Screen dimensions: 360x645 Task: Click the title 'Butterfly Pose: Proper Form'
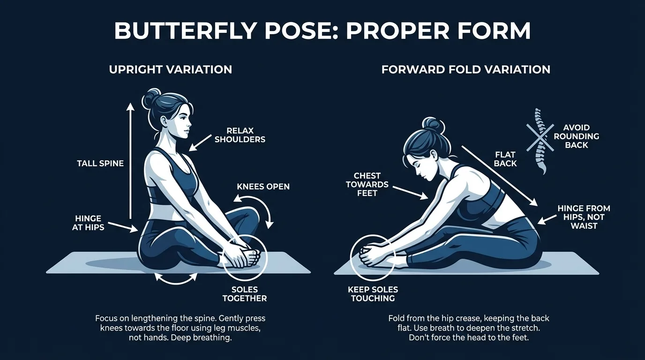point(322,31)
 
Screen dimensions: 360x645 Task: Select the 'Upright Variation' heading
point(171,70)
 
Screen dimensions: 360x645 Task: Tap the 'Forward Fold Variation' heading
point(465,70)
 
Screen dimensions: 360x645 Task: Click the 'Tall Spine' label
point(100,164)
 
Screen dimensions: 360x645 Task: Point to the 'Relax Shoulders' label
point(240,135)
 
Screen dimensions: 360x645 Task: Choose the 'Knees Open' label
point(263,187)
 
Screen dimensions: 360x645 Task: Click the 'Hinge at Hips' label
point(88,223)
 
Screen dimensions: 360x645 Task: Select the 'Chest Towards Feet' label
point(367,184)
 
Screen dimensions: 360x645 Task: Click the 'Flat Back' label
point(505,159)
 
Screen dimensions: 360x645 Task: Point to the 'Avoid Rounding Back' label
point(577,136)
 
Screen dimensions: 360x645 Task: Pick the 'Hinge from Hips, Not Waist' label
point(584,217)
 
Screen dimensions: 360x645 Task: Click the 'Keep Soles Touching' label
point(373,294)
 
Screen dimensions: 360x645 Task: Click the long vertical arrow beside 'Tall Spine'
point(131,162)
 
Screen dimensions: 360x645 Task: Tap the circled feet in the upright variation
point(244,257)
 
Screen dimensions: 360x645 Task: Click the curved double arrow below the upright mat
point(176,279)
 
